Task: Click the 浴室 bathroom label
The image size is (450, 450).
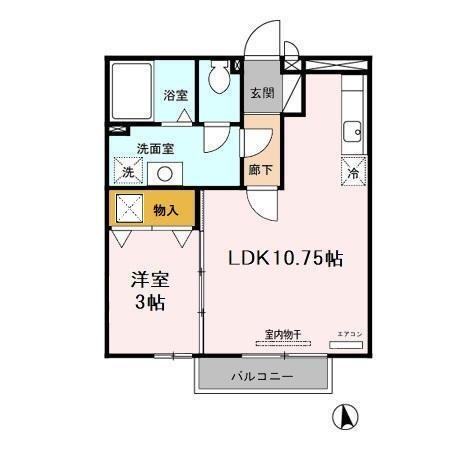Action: pyautogui.click(x=175, y=96)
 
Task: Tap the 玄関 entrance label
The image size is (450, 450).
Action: pyautogui.click(x=262, y=96)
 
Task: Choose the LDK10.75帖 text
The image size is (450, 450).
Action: pyautogui.click(x=286, y=258)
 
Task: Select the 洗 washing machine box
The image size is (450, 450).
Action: pyautogui.click(x=127, y=172)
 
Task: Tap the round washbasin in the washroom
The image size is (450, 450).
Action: pyautogui.click(x=163, y=172)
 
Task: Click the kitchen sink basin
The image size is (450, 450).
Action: pyautogui.click(x=352, y=130)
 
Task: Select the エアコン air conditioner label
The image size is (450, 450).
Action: pyautogui.click(x=348, y=333)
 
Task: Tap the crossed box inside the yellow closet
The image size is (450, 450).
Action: pyautogui.click(x=129, y=209)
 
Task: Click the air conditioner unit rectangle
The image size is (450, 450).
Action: pyautogui.click(x=347, y=345)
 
